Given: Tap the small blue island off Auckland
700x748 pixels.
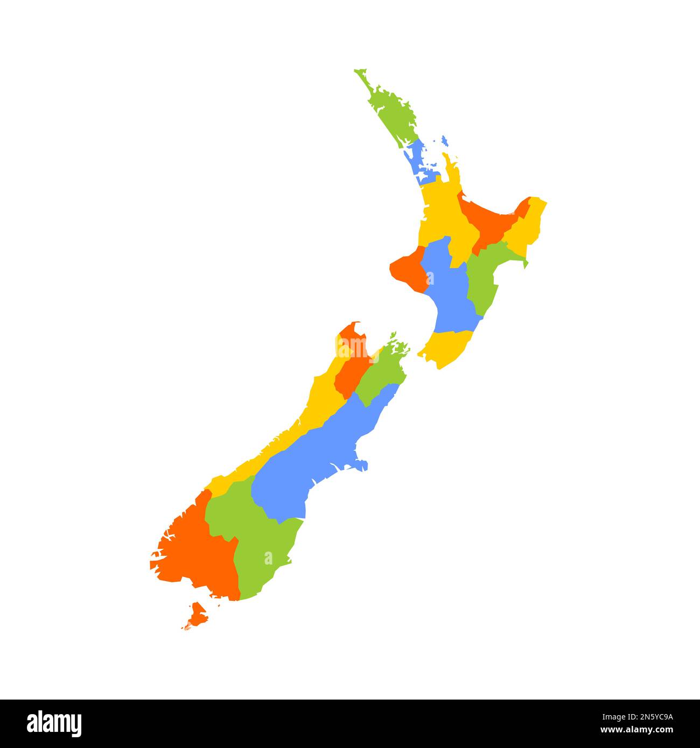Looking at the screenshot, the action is (x=444, y=141).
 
